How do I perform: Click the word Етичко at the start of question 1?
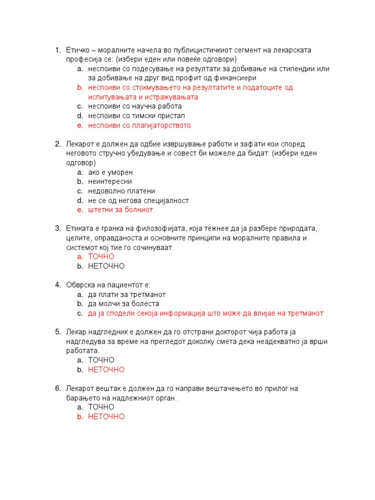point(77,50)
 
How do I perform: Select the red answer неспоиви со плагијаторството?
point(139,125)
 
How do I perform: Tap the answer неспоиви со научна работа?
point(135,106)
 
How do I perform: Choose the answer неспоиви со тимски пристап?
point(136,116)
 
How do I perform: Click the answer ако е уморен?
point(110,172)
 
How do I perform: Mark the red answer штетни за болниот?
point(121,210)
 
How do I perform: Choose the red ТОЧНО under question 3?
point(101,257)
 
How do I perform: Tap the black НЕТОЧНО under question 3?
point(106,266)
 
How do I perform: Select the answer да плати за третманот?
point(127,295)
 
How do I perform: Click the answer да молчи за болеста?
point(124,304)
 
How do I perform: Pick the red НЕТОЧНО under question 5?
point(106,370)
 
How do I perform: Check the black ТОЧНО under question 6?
point(101,407)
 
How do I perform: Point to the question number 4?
point(57,285)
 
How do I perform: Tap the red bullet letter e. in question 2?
point(80,210)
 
